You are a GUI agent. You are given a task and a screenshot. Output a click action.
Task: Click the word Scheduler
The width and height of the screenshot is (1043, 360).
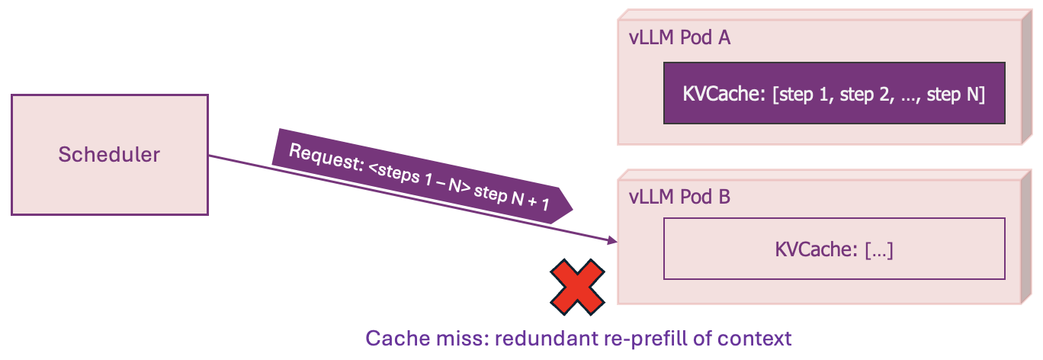point(109,155)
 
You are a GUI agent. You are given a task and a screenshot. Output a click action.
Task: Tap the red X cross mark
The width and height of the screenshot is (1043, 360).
point(579,286)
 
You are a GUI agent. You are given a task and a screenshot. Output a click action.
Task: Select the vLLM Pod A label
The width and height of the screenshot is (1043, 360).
point(680,37)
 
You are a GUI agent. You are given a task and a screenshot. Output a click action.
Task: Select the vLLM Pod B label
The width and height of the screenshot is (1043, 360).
point(680,197)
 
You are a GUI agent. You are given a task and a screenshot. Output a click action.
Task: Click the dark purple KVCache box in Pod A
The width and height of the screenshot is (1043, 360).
point(834,93)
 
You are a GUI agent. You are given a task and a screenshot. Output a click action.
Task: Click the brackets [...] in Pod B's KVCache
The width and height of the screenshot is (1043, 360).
point(878,250)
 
